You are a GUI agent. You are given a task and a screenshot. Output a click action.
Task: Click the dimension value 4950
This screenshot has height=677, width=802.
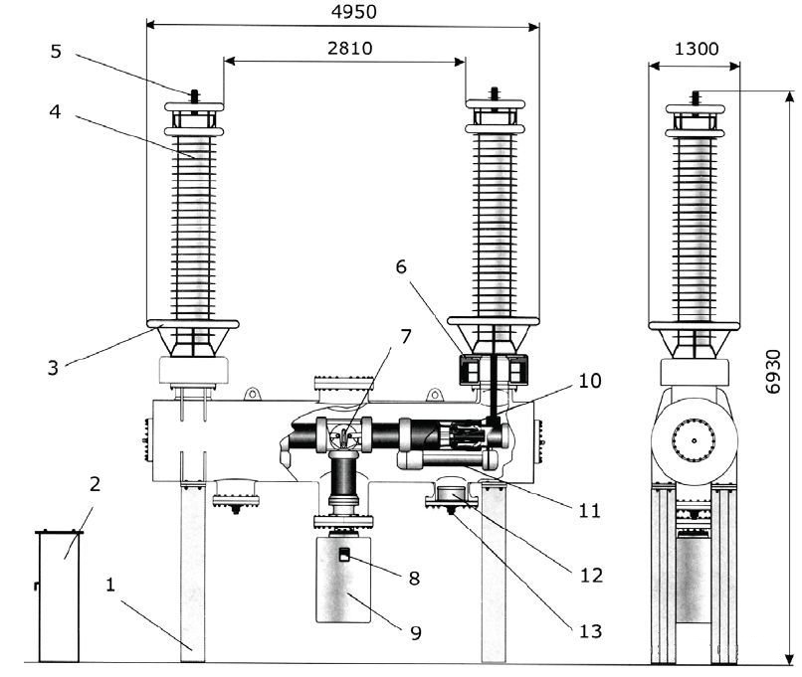pos(353,11)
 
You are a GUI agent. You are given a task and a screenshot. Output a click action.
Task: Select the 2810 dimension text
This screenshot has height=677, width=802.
pos(350,48)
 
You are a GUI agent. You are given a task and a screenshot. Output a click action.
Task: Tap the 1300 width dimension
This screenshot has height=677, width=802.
pos(697,49)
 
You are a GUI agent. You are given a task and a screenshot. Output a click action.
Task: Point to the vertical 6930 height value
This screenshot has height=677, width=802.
pos(773,372)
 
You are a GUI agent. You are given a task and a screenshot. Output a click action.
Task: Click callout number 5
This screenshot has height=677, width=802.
pos(57,51)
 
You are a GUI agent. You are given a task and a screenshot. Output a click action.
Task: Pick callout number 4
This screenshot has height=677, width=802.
pos(56,111)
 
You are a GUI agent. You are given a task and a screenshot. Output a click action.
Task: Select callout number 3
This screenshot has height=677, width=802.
pos(53,368)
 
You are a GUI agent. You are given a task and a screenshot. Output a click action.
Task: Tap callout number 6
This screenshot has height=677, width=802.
pos(402,266)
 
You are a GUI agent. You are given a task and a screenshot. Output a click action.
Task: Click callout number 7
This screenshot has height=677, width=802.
pos(406,337)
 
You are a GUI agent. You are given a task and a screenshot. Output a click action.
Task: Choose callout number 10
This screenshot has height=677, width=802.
pos(590,381)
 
